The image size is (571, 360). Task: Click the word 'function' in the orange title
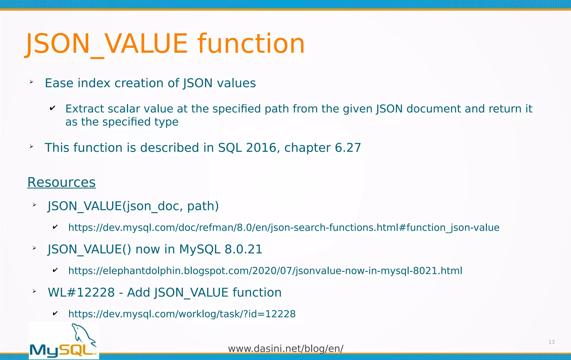pyautogui.click(x=251, y=44)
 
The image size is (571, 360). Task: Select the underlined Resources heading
pyautogui.click(x=61, y=182)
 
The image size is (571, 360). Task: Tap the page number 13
pyautogui.click(x=551, y=342)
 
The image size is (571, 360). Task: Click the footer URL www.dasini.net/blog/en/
pyautogui.click(x=285, y=349)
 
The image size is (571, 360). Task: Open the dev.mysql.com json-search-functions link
pyautogui.click(x=284, y=228)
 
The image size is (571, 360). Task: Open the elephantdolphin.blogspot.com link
pyautogui.click(x=265, y=271)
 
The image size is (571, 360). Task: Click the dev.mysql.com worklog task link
pyautogui.click(x=182, y=314)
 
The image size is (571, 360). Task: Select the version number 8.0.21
pyautogui.click(x=243, y=249)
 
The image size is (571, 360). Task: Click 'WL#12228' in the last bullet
pyautogui.click(x=81, y=293)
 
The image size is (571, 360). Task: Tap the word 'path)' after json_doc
pyautogui.click(x=203, y=206)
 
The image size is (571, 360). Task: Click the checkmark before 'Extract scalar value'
pyautogui.click(x=52, y=108)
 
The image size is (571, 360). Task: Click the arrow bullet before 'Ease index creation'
pyautogui.click(x=32, y=82)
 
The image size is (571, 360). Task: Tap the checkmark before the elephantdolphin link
pyautogui.click(x=55, y=270)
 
